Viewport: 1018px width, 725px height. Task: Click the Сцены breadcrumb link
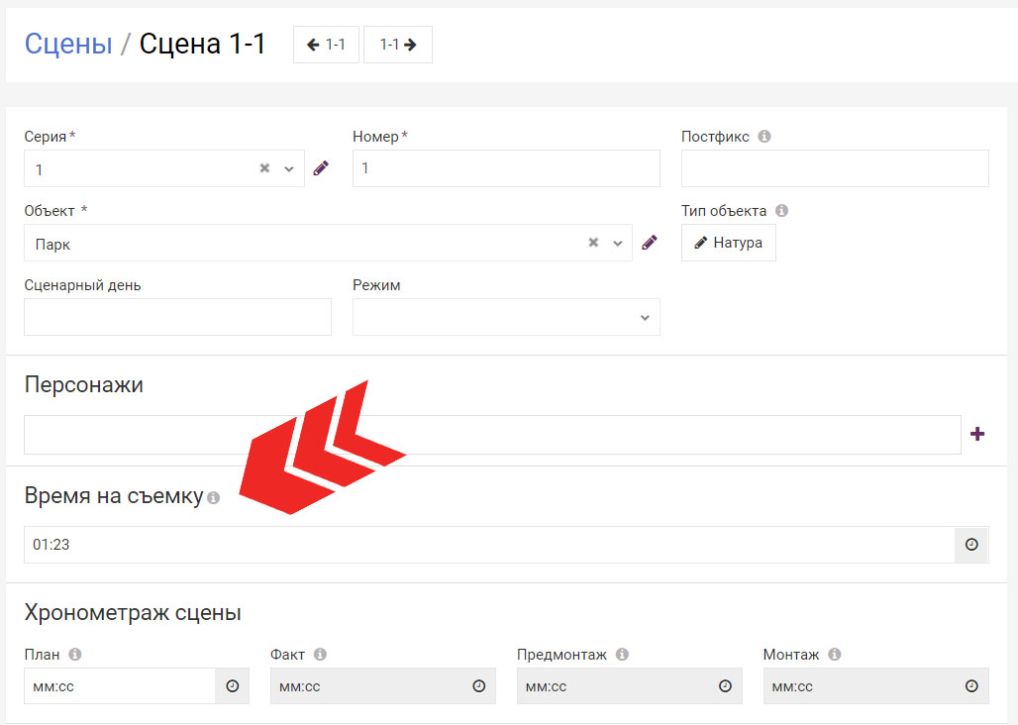68,45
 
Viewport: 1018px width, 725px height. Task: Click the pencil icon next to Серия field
321,168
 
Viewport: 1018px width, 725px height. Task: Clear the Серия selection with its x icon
264,168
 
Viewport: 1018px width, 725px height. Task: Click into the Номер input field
506,168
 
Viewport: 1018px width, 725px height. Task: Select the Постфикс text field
835,168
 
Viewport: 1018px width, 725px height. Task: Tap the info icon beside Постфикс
764,137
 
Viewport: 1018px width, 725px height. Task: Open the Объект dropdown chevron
617,244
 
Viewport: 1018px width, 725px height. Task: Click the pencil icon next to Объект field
650,243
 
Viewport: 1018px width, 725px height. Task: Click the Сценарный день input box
177,317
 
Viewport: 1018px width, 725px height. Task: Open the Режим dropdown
506,317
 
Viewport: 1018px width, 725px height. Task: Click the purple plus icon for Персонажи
977,434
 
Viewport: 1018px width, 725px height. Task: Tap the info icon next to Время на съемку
213,498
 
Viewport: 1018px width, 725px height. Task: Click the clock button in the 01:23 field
971,545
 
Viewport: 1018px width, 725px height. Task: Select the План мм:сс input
120,686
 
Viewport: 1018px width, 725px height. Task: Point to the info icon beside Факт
320,655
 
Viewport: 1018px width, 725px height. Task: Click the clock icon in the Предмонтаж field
725,686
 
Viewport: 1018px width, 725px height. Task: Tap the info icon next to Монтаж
834,655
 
